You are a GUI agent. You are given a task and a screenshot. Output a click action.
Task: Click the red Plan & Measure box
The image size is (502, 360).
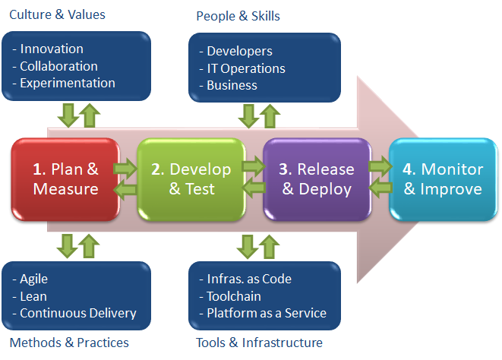point(65,179)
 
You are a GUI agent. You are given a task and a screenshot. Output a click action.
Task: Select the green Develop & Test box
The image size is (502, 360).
point(191,179)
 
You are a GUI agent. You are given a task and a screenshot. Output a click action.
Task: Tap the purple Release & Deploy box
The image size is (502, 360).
point(317,179)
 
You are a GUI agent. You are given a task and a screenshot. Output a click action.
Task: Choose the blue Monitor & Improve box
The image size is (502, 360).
point(443,179)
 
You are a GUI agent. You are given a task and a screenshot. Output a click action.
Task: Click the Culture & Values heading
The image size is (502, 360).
point(57,14)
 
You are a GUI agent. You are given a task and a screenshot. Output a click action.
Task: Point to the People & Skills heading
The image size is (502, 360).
point(238,16)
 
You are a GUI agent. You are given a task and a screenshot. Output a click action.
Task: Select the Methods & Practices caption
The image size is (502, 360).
point(69,343)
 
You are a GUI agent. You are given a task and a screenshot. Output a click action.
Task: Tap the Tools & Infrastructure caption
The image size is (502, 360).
point(259,343)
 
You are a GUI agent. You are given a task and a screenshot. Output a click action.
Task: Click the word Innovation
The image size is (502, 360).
point(52,49)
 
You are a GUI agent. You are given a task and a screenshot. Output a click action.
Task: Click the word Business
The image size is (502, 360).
point(232,85)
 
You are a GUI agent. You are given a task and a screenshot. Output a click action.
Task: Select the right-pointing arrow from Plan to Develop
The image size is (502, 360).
point(125,168)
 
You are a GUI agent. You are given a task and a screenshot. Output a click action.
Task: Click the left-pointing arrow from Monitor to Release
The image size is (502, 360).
point(380,188)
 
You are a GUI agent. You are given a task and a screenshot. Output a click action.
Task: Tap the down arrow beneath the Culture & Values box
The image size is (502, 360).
point(68,115)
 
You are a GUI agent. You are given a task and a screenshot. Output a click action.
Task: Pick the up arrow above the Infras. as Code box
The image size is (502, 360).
point(269,247)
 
